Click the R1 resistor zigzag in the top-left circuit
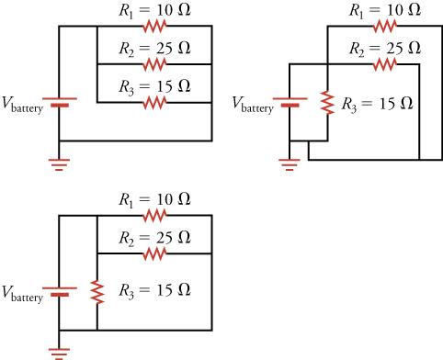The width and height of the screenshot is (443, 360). point(154,28)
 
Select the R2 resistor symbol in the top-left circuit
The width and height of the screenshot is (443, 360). point(154,65)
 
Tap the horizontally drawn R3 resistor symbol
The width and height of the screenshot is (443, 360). point(154,103)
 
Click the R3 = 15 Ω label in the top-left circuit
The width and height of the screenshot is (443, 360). point(154,86)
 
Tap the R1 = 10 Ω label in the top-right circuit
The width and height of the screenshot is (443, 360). point(385,10)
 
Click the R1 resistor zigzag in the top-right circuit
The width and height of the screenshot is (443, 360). point(384,28)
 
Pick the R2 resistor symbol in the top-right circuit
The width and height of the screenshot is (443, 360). point(384,65)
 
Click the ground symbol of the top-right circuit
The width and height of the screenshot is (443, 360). point(290,163)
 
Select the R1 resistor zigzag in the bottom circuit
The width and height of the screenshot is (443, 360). point(154,216)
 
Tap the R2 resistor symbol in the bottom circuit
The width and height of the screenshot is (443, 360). point(154,253)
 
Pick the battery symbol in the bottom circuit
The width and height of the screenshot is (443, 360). point(59,291)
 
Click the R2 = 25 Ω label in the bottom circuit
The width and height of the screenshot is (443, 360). point(154,237)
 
